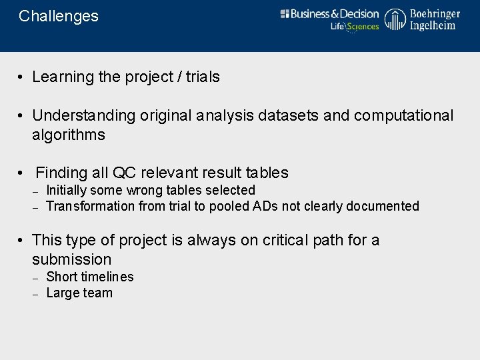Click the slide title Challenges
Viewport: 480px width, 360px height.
point(59,17)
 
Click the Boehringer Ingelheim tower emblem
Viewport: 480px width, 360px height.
point(395,20)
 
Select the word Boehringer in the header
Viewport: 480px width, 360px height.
point(435,13)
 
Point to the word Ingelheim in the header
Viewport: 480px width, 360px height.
point(433,26)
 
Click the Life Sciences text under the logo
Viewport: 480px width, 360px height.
point(355,27)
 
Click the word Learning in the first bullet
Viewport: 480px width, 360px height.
point(63,77)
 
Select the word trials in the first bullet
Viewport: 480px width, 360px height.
point(203,77)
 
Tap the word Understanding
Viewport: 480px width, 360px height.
point(84,116)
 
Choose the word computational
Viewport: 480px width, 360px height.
point(403,116)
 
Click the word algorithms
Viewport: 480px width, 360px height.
point(69,135)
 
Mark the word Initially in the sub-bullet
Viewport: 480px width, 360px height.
point(66,191)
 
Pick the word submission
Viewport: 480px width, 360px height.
point(71,260)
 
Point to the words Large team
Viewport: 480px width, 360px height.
point(79,293)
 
